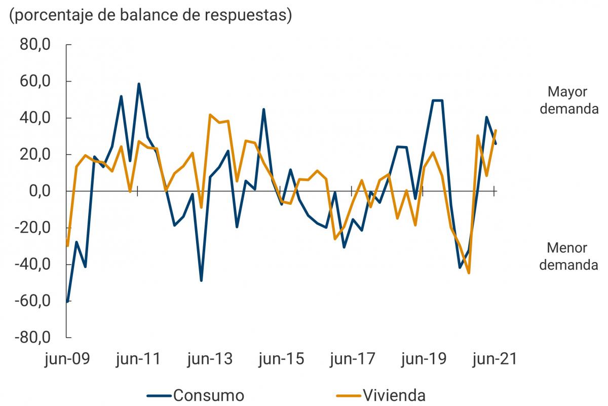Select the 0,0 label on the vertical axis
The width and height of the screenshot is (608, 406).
[35, 192]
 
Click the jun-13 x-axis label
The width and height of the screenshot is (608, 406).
[210, 359]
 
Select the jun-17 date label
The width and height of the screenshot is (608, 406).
[352, 359]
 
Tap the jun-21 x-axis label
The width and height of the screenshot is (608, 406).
[495, 359]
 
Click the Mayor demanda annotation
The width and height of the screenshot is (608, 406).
[568, 100]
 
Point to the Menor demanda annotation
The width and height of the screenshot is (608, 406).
[568, 256]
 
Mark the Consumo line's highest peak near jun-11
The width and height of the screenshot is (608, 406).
[138, 84]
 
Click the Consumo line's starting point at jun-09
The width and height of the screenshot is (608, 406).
[67, 302]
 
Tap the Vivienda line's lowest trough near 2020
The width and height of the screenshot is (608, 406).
[469, 273]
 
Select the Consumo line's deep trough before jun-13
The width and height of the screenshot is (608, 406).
[201, 280]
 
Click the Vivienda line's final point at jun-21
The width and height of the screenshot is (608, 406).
[495, 130]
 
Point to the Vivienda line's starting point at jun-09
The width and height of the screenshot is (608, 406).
[67, 246]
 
